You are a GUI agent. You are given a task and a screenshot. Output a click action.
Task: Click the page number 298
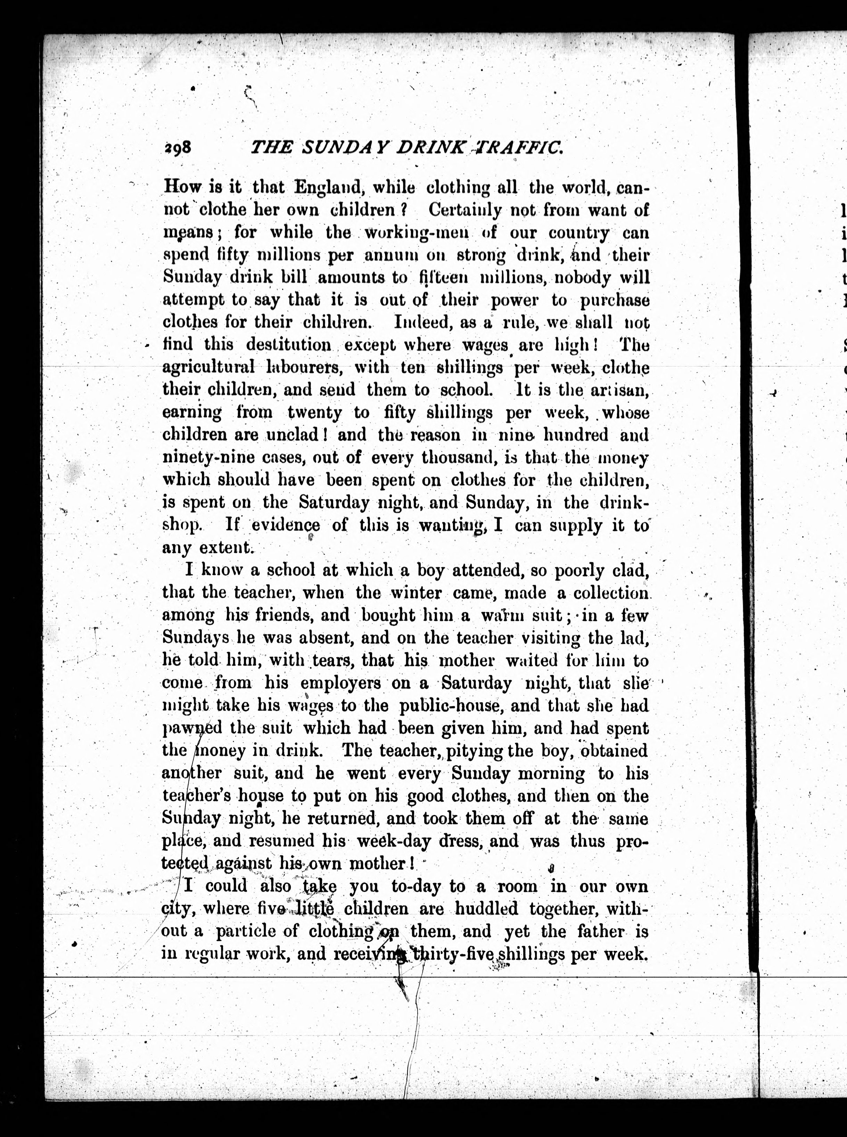point(178,148)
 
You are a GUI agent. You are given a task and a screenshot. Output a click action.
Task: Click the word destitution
point(289,345)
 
